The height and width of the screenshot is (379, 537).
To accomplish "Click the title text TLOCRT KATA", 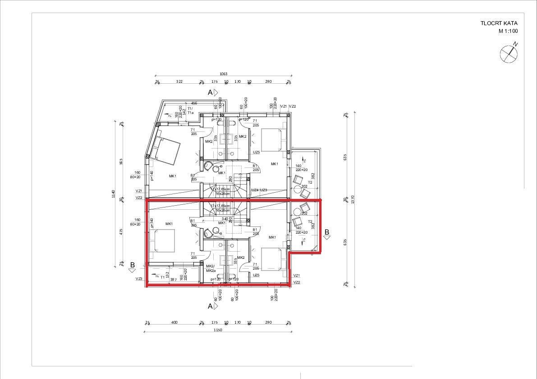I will [x=499, y=23].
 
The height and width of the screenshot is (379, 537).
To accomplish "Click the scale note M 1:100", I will [x=508, y=32].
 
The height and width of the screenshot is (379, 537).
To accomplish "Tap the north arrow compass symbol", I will [x=509, y=54].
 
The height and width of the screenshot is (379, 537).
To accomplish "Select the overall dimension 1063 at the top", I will [x=223, y=74].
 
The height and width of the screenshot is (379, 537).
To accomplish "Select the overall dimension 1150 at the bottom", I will [x=217, y=330].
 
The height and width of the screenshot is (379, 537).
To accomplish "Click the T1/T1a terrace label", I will [x=190, y=111].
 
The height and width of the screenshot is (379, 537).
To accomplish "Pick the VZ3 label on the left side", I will [x=139, y=279].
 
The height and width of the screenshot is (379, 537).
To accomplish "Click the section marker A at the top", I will [x=210, y=92].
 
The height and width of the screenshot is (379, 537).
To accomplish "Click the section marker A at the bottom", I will [x=210, y=306].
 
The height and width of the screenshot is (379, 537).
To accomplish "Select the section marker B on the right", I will [x=327, y=232].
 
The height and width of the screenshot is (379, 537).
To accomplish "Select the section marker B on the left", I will [x=132, y=265].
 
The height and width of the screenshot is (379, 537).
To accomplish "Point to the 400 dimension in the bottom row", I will [x=174, y=322].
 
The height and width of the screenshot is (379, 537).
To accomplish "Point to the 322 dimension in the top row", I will [x=179, y=81].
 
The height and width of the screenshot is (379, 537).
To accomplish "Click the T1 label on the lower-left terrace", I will [x=162, y=277].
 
